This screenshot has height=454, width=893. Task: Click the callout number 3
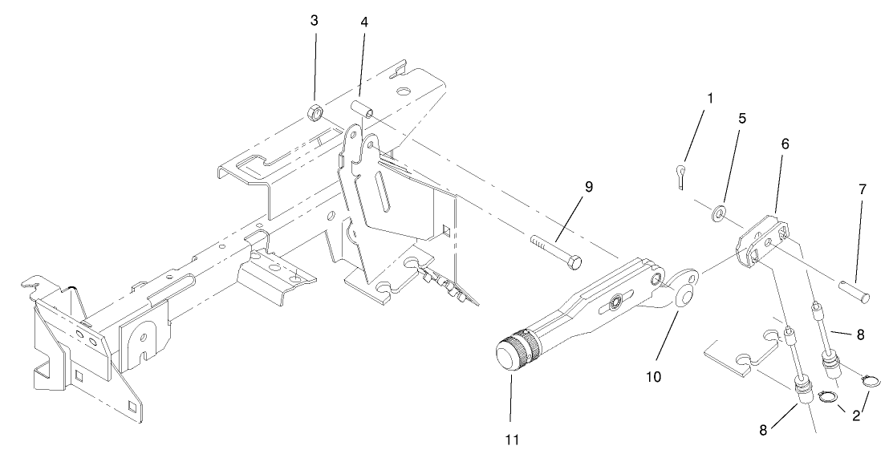(315, 20)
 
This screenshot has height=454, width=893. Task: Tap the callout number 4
(364, 22)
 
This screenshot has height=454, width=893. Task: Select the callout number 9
(588, 186)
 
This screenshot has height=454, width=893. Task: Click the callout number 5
(742, 118)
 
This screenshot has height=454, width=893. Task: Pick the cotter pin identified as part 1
(680, 176)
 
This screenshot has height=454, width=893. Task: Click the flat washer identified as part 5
(719, 213)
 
